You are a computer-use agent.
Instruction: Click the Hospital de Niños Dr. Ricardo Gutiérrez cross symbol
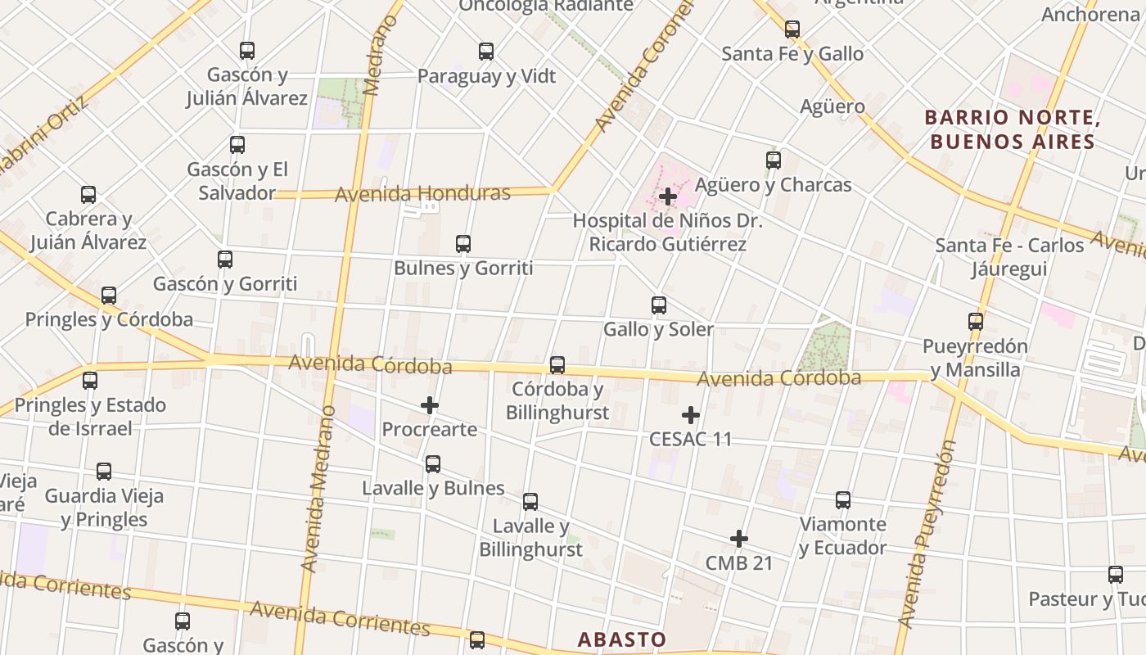click(668, 196)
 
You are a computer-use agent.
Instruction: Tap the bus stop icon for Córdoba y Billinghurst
click(557, 365)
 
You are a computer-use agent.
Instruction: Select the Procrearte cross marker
click(430, 405)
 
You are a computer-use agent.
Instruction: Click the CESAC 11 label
click(690, 439)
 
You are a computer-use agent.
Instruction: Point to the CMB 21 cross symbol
click(739, 539)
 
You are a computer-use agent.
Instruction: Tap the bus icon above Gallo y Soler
click(659, 305)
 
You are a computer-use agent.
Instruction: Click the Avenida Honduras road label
click(422, 194)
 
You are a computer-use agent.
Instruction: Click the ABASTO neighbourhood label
click(622, 639)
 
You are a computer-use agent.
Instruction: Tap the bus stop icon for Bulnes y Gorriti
click(463, 244)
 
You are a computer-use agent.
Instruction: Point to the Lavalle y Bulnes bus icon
click(433, 464)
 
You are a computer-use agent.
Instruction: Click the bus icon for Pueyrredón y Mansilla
click(975, 322)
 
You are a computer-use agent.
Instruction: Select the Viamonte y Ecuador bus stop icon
click(843, 500)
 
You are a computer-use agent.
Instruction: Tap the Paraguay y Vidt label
click(486, 76)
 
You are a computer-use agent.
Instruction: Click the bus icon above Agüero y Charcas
click(774, 160)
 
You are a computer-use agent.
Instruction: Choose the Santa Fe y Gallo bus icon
click(792, 30)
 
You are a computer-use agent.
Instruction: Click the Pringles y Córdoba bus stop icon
click(109, 296)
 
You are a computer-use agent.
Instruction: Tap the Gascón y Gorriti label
click(225, 284)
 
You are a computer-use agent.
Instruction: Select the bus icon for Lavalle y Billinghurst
click(530, 502)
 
